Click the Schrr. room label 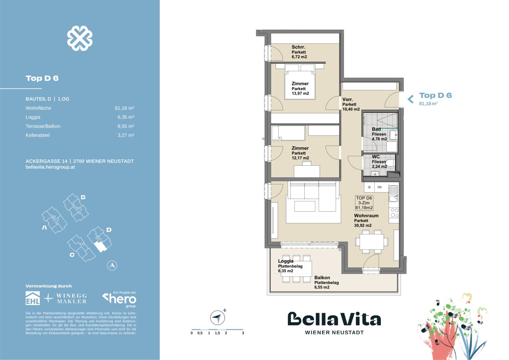point(298,47)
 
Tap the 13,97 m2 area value point(300,93)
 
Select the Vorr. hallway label point(347,99)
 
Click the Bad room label point(376,129)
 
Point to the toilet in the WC point(390,163)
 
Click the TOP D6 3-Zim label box point(364,203)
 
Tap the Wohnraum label point(366,215)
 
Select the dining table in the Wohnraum point(372,242)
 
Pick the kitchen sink point(394,194)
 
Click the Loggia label point(286,261)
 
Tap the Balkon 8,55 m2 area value point(322,287)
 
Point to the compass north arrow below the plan point(217,317)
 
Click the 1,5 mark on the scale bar point(217,333)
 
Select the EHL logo point(32,298)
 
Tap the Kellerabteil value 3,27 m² point(126,135)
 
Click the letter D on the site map point(109,230)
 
